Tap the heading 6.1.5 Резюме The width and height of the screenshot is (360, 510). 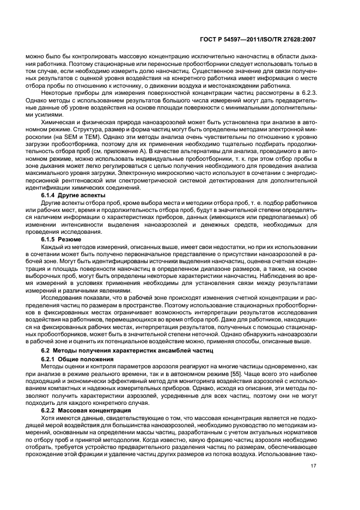tap(62, 239)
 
